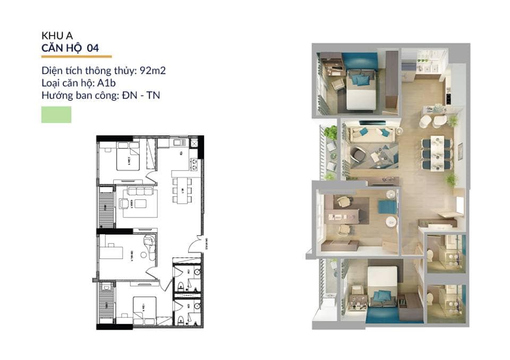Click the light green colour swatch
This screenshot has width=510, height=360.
(56, 114)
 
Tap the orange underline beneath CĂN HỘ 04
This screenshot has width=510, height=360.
(76, 56)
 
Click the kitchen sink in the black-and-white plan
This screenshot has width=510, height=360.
(178, 143)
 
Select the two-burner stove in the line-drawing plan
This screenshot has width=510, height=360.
(194, 164)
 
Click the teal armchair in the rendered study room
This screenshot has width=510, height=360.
(387, 207)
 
